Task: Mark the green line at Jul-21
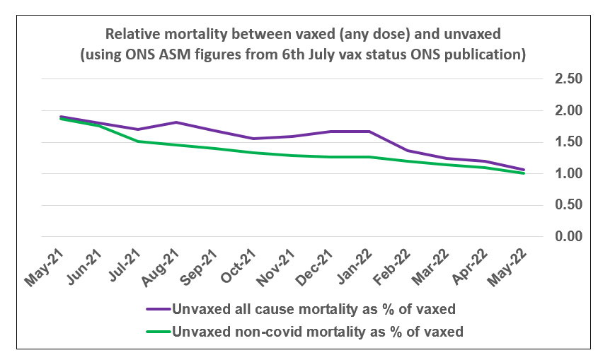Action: (139, 141)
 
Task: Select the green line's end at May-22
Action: (524, 173)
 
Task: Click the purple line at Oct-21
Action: (251, 139)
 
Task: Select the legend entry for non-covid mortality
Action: (318, 331)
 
